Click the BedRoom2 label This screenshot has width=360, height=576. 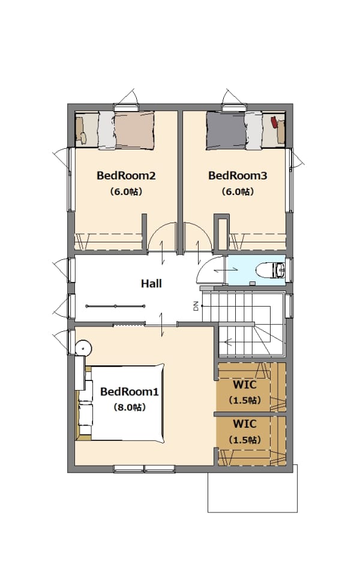click(126, 176)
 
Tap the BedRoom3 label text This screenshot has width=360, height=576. click(238, 176)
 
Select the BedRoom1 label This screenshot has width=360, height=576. click(130, 392)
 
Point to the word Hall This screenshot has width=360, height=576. click(151, 284)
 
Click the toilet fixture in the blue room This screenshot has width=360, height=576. click(271, 271)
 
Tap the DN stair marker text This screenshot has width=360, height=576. click(196, 306)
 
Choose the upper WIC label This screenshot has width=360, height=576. click(245, 385)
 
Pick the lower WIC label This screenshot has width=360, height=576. click(245, 424)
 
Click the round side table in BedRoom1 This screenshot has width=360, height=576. click(83, 348)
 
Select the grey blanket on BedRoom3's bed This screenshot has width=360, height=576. click(226, 131)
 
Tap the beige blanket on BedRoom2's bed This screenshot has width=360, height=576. click(134, 131)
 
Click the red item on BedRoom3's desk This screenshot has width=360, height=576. click(274, 122)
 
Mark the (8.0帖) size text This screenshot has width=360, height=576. click(130, 407)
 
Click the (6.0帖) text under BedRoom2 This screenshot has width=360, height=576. click(126, 192)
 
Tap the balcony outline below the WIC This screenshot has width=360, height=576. click(253, 512)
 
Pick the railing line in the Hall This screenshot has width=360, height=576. click(115, 306)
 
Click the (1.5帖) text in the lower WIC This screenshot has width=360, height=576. click(245, 440)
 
